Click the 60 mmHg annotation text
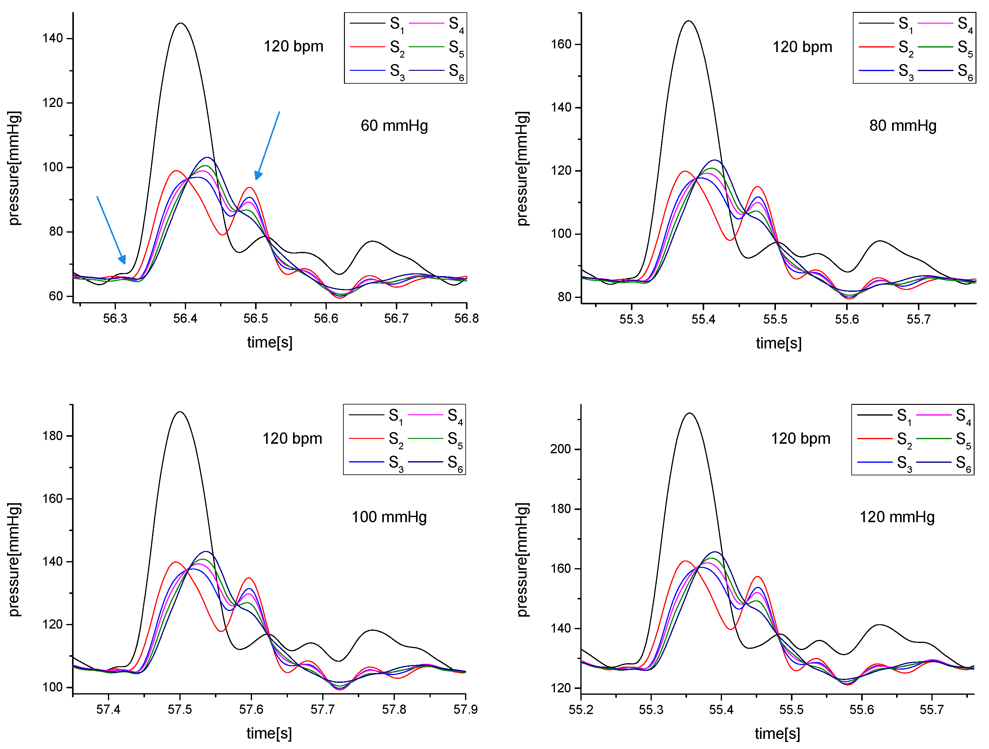394,126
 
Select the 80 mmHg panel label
903,126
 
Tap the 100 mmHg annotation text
389,517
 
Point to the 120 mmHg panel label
897,517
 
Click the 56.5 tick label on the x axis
256,318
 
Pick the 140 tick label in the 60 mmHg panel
52,38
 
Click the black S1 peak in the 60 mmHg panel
180,23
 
